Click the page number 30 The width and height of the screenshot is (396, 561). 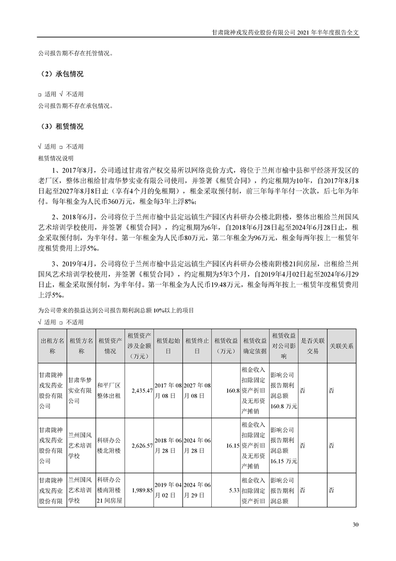tap(356, 524)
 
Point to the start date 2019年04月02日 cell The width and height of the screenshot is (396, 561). tap(168, 490)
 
